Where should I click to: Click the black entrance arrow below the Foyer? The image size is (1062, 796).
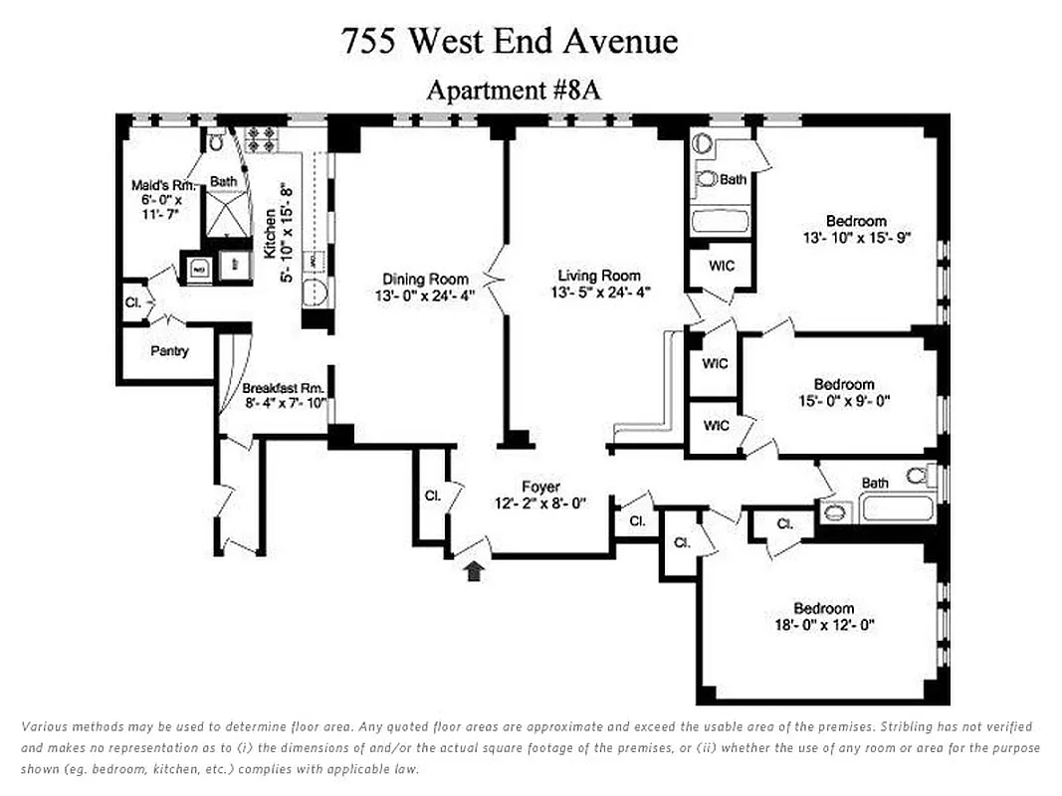475,570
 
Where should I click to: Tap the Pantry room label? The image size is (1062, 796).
169,351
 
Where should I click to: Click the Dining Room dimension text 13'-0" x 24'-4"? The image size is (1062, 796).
426,296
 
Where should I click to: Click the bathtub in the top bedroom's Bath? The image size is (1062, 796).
720,220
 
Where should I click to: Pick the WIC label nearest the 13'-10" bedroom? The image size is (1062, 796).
722,267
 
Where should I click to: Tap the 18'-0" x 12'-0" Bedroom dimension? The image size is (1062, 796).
823,626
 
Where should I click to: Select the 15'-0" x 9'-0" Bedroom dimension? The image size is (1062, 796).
843,401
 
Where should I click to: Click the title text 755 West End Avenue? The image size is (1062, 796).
509,41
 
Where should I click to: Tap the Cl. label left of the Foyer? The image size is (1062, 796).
432,496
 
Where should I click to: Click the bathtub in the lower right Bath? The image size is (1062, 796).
897,509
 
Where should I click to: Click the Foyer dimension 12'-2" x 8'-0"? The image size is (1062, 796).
540,503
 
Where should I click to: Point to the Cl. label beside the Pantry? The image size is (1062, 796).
133,303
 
